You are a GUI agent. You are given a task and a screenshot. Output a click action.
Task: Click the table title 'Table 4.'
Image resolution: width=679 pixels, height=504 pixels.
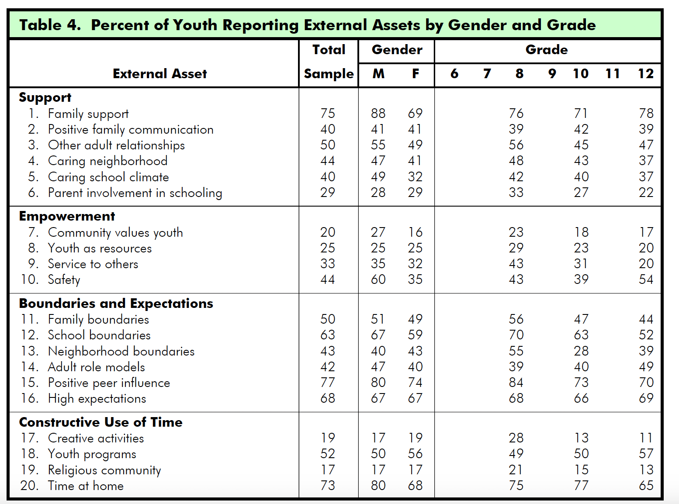point(50,25)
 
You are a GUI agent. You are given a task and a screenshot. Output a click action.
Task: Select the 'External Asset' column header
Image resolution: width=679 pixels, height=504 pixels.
point(159,74)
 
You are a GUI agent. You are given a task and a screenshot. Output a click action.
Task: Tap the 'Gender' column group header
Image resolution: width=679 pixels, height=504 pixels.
point(397,50)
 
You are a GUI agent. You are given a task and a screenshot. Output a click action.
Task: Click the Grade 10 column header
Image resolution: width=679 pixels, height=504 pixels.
point(581,74)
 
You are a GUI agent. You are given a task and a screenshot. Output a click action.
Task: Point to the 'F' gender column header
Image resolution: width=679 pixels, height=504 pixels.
point(416,74)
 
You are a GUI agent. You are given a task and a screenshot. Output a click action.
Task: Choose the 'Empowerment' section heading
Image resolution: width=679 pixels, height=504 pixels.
point(67,216)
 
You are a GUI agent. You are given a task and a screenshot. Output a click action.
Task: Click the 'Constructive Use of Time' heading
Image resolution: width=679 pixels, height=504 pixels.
point(101,422)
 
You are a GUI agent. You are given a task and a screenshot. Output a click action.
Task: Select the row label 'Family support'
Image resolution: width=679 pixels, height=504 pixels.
point(88,114)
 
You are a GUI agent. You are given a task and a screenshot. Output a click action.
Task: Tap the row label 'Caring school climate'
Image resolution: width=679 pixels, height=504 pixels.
point(108,177)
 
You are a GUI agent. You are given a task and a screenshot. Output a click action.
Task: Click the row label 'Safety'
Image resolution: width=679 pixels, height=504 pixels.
point(64,280)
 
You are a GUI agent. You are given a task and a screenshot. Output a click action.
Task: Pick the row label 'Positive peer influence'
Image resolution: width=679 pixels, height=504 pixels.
point(109,383)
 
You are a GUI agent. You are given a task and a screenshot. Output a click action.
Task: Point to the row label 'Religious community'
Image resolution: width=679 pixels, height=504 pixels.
point(104,470)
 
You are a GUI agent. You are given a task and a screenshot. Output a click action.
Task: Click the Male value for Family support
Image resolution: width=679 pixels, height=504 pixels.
point(378,114)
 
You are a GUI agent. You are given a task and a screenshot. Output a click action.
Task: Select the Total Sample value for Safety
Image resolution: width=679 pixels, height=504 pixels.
point(328,280)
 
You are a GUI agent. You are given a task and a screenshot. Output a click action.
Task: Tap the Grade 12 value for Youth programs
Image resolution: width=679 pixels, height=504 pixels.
point(646,454)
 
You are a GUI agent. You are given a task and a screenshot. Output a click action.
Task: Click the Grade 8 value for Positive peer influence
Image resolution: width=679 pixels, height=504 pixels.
point(516,383)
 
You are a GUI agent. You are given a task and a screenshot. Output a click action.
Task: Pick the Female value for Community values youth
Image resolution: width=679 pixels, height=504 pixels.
point(415,232)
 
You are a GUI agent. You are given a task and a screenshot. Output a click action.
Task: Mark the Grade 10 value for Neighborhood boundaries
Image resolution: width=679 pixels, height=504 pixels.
point(581,351)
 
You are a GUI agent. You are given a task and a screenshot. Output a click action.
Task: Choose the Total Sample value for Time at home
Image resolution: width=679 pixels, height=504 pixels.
point(328,486)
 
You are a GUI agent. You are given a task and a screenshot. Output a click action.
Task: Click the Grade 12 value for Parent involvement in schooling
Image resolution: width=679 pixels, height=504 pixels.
point(646,193)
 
